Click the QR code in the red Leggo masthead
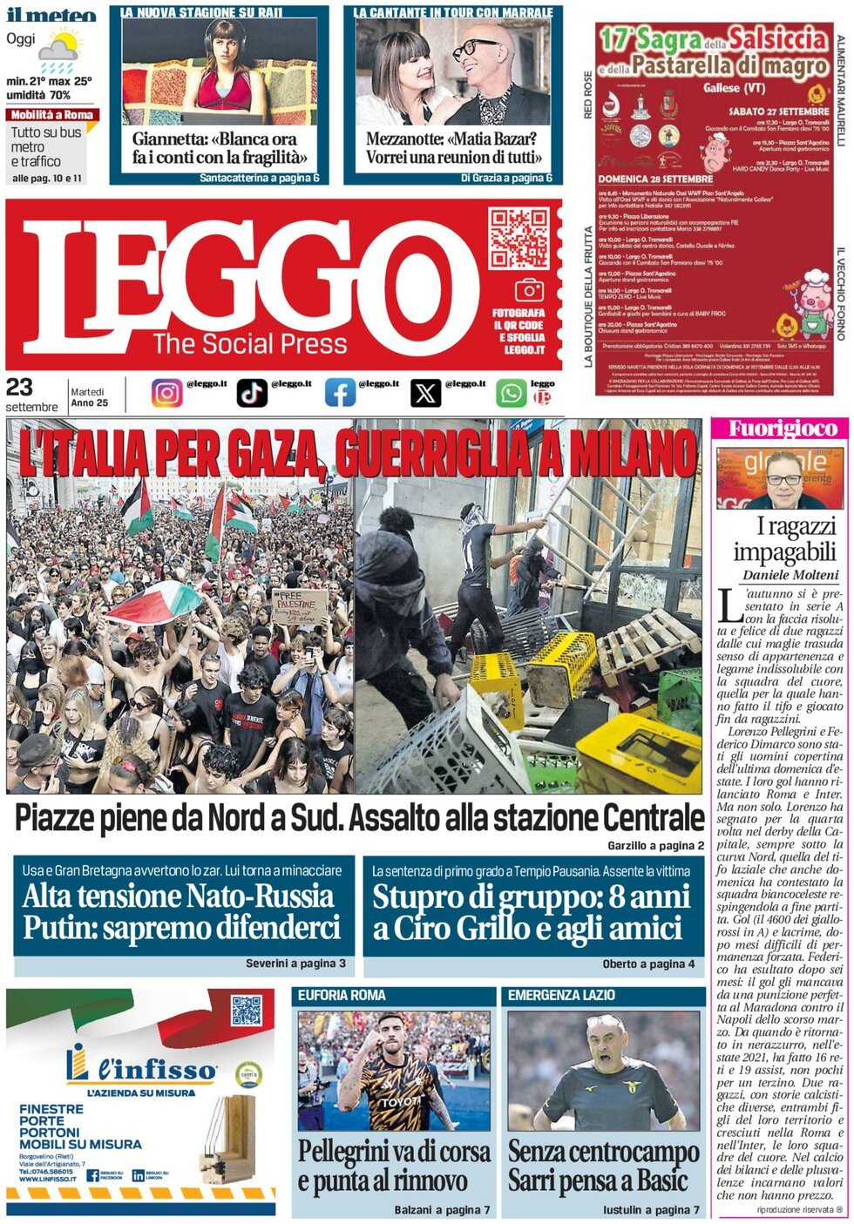point(518,238)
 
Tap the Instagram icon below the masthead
point(166,393)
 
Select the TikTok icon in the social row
point(252,393)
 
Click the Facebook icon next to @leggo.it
point(340,393)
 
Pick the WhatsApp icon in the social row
point(512,393)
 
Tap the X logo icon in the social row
point(425,393)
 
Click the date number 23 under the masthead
point(19,388)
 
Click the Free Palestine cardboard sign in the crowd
point(301,606)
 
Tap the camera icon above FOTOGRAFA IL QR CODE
point(529,290)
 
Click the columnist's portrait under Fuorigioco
point(778,478)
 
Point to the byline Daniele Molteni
point(790,575)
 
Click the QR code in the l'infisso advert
point(247,1010)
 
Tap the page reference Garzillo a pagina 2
point(655,845)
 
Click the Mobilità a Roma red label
point(52,115)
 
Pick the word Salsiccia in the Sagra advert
point(777,38)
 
